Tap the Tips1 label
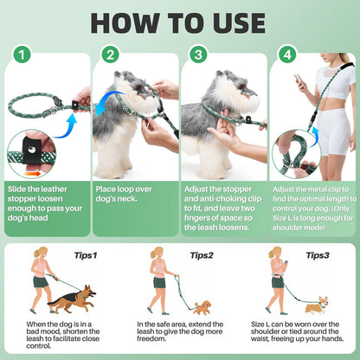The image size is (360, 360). point(82,255)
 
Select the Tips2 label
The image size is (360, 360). point(201,255)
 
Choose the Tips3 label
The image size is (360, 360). point(319,255)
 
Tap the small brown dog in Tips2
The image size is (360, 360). point(201,307)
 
